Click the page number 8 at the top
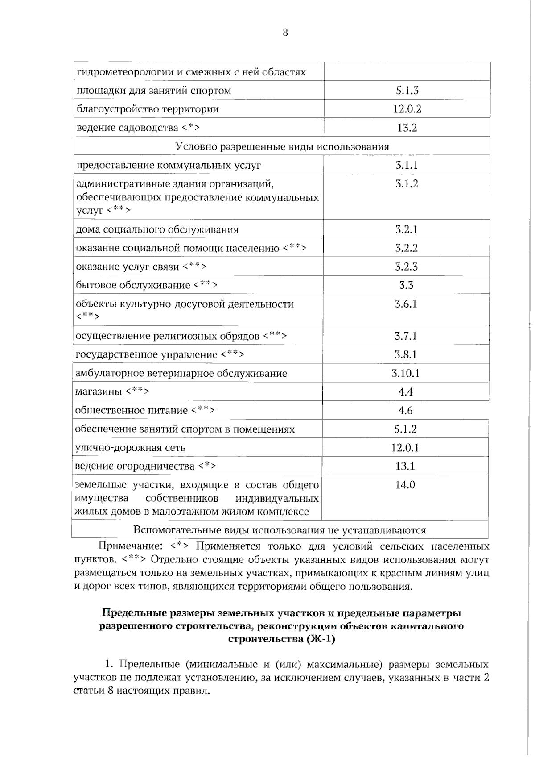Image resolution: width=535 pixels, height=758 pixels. click(x=285, y=33)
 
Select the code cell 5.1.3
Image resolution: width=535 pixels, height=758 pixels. click(x=407, y=91)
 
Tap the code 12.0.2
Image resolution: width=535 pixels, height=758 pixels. click(x=407, y=109)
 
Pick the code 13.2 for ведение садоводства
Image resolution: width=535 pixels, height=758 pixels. click(x=407, y=128)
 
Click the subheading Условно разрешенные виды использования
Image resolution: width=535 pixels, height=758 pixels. click(x=282, y=146)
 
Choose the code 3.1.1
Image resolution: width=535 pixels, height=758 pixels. click(x=407, y=165)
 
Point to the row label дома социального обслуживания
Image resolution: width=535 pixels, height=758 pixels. click(x=157, y=229)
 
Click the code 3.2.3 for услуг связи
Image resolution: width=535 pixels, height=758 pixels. click(x=406, y=267)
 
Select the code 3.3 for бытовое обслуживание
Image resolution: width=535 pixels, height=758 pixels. click(x=406, y=285)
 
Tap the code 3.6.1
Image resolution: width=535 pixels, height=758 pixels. click(x=406, y=304)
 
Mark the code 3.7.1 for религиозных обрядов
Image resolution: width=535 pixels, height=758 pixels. click(x=406, y=336)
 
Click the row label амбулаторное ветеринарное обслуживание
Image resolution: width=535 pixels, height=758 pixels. click(x=181, y=373)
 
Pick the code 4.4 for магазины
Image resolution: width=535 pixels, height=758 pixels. click(x=406, y=392)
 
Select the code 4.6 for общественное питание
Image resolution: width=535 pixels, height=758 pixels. click(x=406, y=411)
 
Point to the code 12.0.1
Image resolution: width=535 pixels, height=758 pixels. click(x=405, y=448)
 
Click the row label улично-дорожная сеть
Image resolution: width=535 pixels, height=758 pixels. click(x=130, y=448)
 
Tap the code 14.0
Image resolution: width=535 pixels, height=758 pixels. click(x=405, y=485)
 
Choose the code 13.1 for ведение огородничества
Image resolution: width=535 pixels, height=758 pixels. click(x=405, y=466)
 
